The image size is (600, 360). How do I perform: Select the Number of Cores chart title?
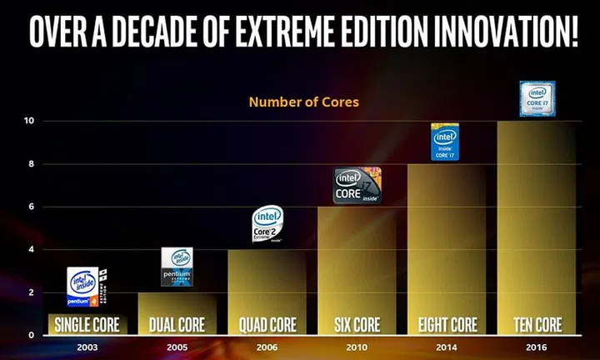pyautogui.click(x=303, y=103)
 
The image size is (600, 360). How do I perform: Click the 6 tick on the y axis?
pyautogui.click(x=29, y=207)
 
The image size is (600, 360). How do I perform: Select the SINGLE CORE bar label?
pyautogui.click(x=87, y=324)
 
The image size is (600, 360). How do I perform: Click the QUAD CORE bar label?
pyautogui.click(x=266, y=324)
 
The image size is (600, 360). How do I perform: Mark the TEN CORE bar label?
pyautogui.click(x=535, y=324)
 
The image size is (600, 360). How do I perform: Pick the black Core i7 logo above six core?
pyautogui.click(x=357, y=185)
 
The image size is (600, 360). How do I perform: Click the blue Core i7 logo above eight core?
pyautogui.click(x=445, y=142)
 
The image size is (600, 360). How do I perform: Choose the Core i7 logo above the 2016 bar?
pyautogui.click(x=537, y=98)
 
